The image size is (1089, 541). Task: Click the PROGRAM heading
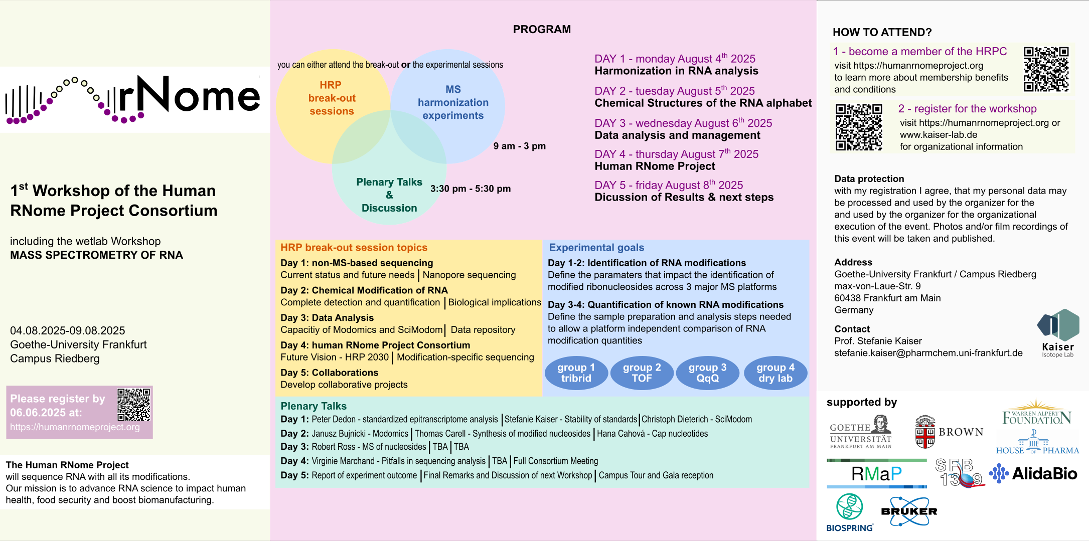click(x=542, y=30)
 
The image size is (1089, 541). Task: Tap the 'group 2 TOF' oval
click(x=642, y=373)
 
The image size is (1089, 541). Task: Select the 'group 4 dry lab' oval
click(x=775, y=373)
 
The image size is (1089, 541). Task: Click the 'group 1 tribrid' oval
click(x=576, y=373)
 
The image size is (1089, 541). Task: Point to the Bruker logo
click(x=909, y=511)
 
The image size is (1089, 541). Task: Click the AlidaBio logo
click(x=1033, y=473)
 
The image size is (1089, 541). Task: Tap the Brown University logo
click(x=949, y=432)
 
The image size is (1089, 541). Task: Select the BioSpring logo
click(x=850, y=512)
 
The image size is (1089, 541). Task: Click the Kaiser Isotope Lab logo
click(x=1058, y=333)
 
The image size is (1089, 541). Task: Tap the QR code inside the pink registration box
click(x=134, y=405)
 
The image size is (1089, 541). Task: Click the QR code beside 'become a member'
click(x=1046, y=69)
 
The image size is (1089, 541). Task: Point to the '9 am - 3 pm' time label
click(x=519, y=146)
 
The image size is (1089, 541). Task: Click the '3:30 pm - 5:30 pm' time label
click(x=471, y=189)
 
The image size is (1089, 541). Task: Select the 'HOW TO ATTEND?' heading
click(x=882, y=33)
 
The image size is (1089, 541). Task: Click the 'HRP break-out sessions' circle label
click(x=332, y=98)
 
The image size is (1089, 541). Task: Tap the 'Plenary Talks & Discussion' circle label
click(x=389, y=195)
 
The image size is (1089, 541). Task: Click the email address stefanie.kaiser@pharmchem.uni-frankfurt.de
click(x=928, y=353)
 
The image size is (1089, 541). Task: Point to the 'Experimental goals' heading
click(x=596, y=247)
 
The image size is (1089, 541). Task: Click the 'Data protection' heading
click(x=869, y=179)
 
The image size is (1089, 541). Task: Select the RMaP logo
click(x=876, y=473)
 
